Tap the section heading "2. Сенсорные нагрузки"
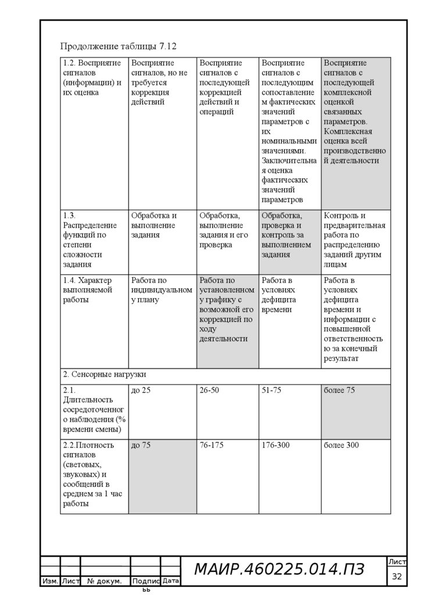click(105, 375)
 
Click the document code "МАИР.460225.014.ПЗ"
click(279, 570)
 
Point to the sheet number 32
click(398, 576)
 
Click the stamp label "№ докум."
click(104, 581)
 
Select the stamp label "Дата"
click(170, 581)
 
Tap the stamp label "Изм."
click(50, 581)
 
